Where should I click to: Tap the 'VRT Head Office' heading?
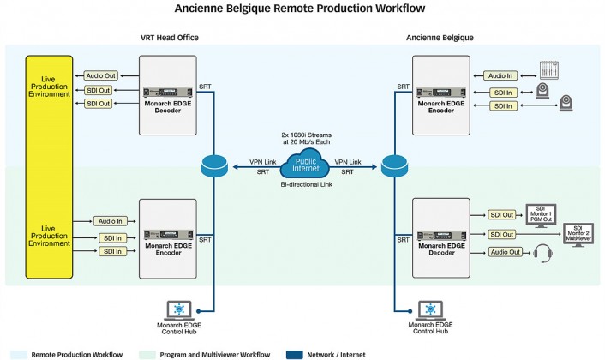172,39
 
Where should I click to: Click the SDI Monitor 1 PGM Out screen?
540,215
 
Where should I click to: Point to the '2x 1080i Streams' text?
305,135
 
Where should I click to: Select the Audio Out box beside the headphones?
506,252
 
